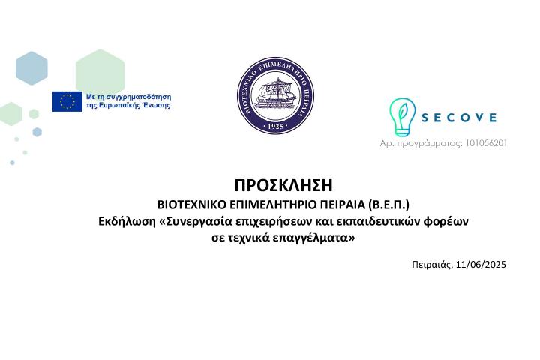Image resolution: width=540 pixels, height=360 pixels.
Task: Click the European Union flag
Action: click(x=67, y=101)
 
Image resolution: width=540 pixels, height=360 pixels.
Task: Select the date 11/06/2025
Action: click(x=481, y=264)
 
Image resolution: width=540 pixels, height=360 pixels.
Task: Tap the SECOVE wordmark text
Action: click(x=459, y=118)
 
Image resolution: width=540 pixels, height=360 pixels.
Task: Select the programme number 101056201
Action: click(x=482, y=142)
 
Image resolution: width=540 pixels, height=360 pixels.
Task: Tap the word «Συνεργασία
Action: click(x=197, y=221)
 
